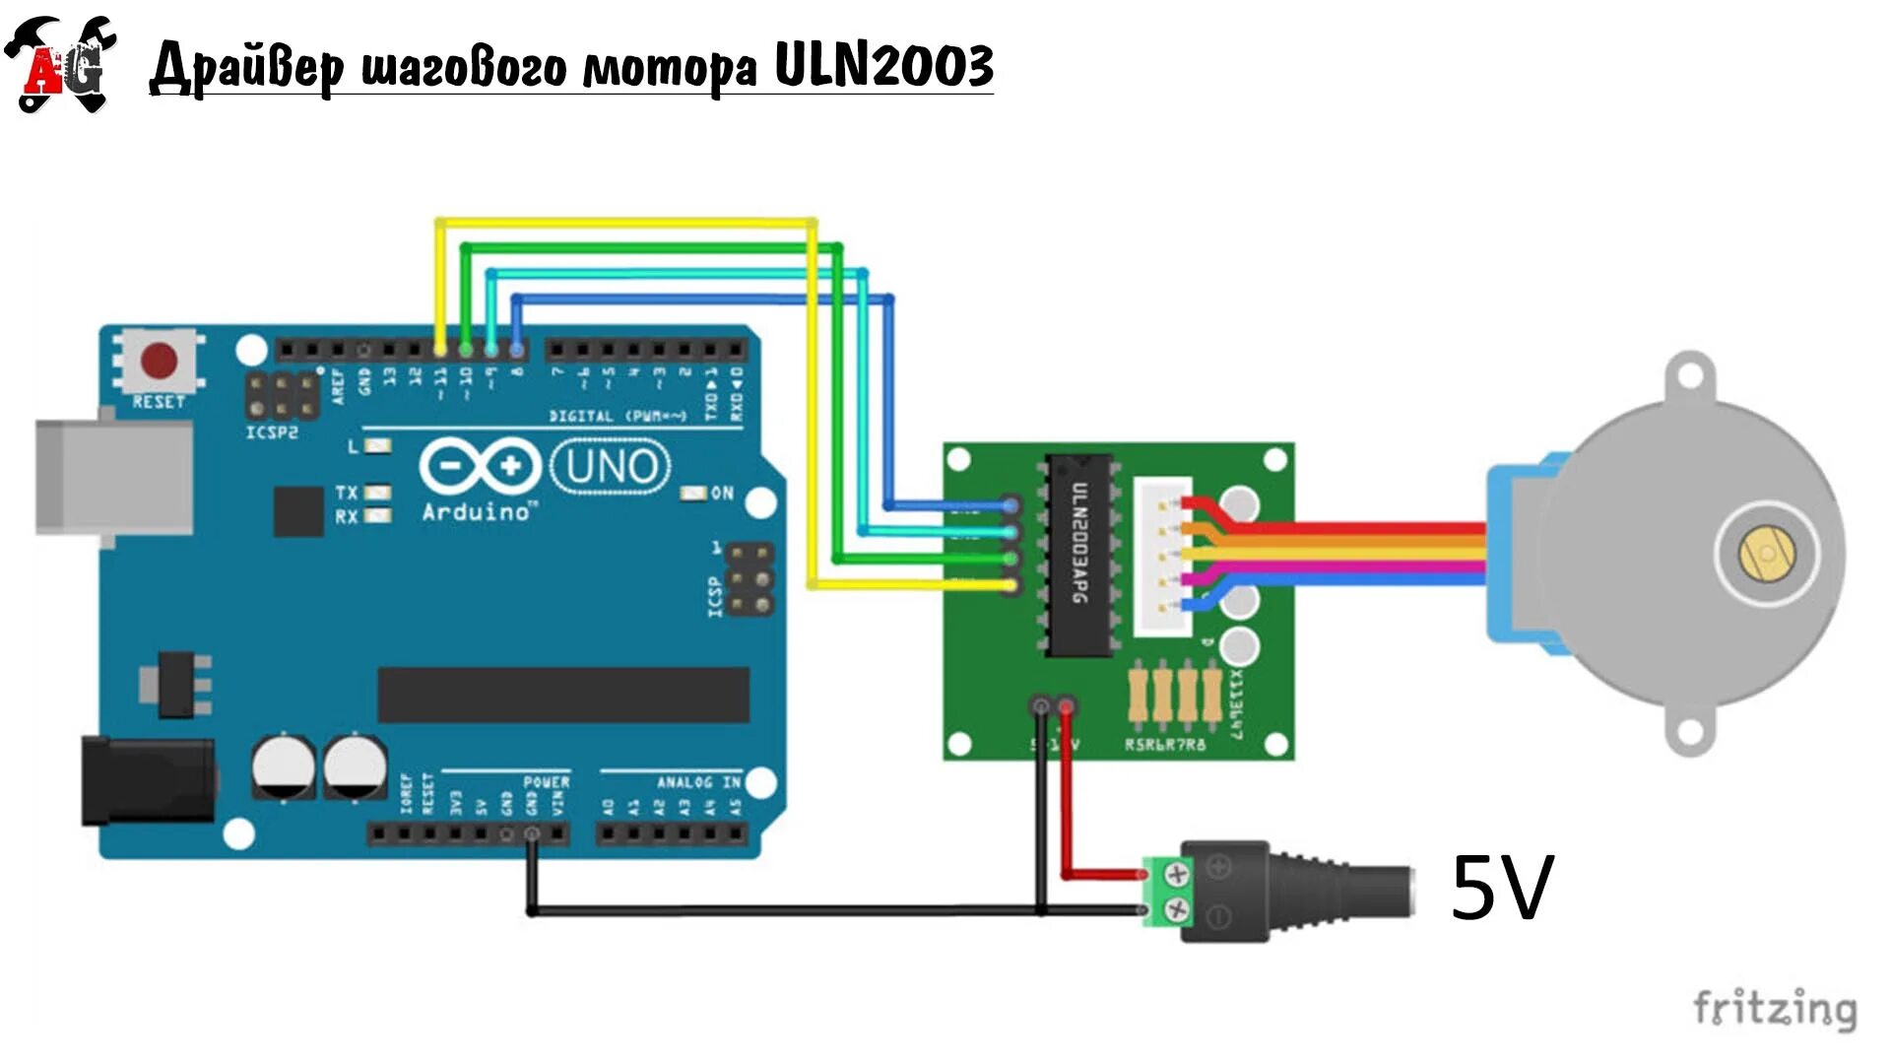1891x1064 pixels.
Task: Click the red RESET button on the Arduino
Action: [160, 361]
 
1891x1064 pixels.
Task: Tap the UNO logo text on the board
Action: [611, 467]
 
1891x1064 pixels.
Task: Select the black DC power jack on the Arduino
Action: [148, 781]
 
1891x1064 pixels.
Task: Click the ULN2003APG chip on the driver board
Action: [1080, 557]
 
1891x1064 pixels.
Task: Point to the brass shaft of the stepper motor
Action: [1767, 553]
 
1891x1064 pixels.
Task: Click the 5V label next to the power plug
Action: [1502, 888]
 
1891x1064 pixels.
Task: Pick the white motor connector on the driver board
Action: [1162, 557]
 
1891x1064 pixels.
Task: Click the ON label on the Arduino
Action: [722, 493]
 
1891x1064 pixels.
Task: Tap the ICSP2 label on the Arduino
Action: [272, 432]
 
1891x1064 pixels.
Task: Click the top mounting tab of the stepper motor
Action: [1690, 375]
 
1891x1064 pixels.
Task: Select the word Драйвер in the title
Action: [246, 67]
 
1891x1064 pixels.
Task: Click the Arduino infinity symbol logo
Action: [480, 467]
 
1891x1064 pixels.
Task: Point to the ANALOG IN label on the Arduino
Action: [698, 782]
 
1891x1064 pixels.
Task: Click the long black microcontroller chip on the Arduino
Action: [563, 695]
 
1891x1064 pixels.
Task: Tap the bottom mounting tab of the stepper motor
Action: [1690, 732]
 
